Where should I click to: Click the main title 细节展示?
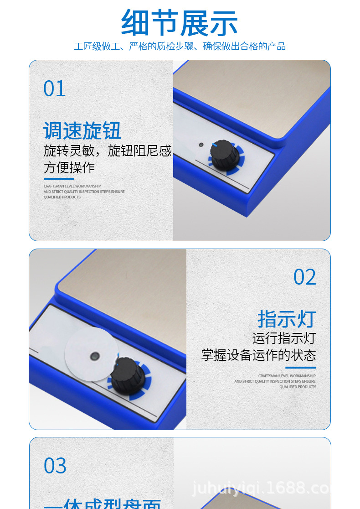tap(180, 23)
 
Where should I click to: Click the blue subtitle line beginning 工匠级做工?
tap(180, 47)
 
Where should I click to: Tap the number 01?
tap(55, 88)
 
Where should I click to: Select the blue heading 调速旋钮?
tap(82, 131)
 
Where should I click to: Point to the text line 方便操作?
tap(69, 167)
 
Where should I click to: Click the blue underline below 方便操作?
tap(59, 179)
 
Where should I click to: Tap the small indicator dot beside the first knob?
tap(201, 145)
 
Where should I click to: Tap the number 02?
tap(304, 277)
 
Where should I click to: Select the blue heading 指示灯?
tap(287, 319)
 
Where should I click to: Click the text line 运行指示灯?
tap(284, 338)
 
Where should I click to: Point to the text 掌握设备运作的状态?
tap(258, 355)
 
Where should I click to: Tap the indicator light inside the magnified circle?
tap(94, 355)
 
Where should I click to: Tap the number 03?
tap(55, 466)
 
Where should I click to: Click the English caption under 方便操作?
tap(84, 192)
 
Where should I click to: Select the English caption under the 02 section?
tap(275, 381)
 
